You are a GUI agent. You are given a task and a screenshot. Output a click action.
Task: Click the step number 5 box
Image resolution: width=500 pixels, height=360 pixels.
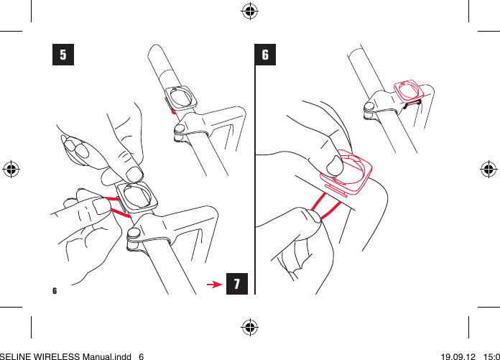point(63,55)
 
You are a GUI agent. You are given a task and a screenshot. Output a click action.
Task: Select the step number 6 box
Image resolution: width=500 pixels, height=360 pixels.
point(266,55)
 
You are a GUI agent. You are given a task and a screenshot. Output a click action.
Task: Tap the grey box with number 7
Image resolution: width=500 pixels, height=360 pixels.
point(237,284)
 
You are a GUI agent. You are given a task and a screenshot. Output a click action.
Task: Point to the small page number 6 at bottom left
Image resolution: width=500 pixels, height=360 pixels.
point(55,291)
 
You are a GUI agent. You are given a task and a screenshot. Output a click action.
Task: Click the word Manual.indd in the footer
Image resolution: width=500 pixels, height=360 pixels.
point(116,355)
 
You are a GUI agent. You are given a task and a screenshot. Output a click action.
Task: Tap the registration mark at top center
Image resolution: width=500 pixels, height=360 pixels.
point(250,11)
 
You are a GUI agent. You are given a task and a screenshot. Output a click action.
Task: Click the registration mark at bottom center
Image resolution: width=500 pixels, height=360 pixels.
point(250,327)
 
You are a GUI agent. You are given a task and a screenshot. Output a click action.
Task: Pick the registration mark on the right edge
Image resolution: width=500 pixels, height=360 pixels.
point(488,170)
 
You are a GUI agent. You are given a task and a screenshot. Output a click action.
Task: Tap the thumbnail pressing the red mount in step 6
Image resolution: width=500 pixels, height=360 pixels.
point(334,167)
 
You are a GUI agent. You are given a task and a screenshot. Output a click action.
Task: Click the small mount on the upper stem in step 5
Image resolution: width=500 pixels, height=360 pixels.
point(180,98)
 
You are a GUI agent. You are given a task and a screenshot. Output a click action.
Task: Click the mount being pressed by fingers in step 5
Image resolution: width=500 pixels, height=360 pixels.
point(135,198)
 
